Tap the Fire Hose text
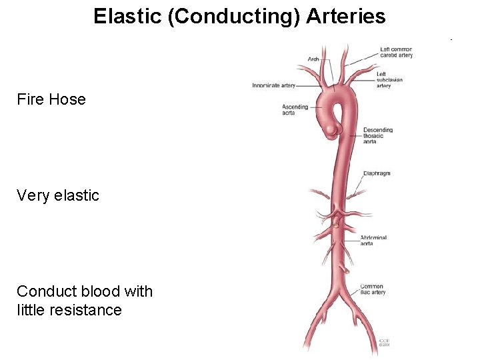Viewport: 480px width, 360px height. pos(51,99)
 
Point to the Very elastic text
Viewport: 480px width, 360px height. pos(58,195)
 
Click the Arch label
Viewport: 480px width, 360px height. pos(313,59)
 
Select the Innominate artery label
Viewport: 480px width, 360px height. pos(273,85)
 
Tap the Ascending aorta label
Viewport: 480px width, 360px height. pos(295,110)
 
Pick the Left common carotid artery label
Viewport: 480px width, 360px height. pos(396,52)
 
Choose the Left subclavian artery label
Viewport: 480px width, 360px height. pos(389,79)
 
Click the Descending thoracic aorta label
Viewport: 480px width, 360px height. pos(378,135)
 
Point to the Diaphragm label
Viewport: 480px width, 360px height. pos(377,173)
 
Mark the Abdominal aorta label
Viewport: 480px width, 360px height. pos(373,241)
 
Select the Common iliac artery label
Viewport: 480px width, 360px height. pos(372,289)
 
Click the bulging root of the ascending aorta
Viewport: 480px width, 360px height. pos(331,127)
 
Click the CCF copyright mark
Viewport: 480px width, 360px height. pos(385,342)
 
